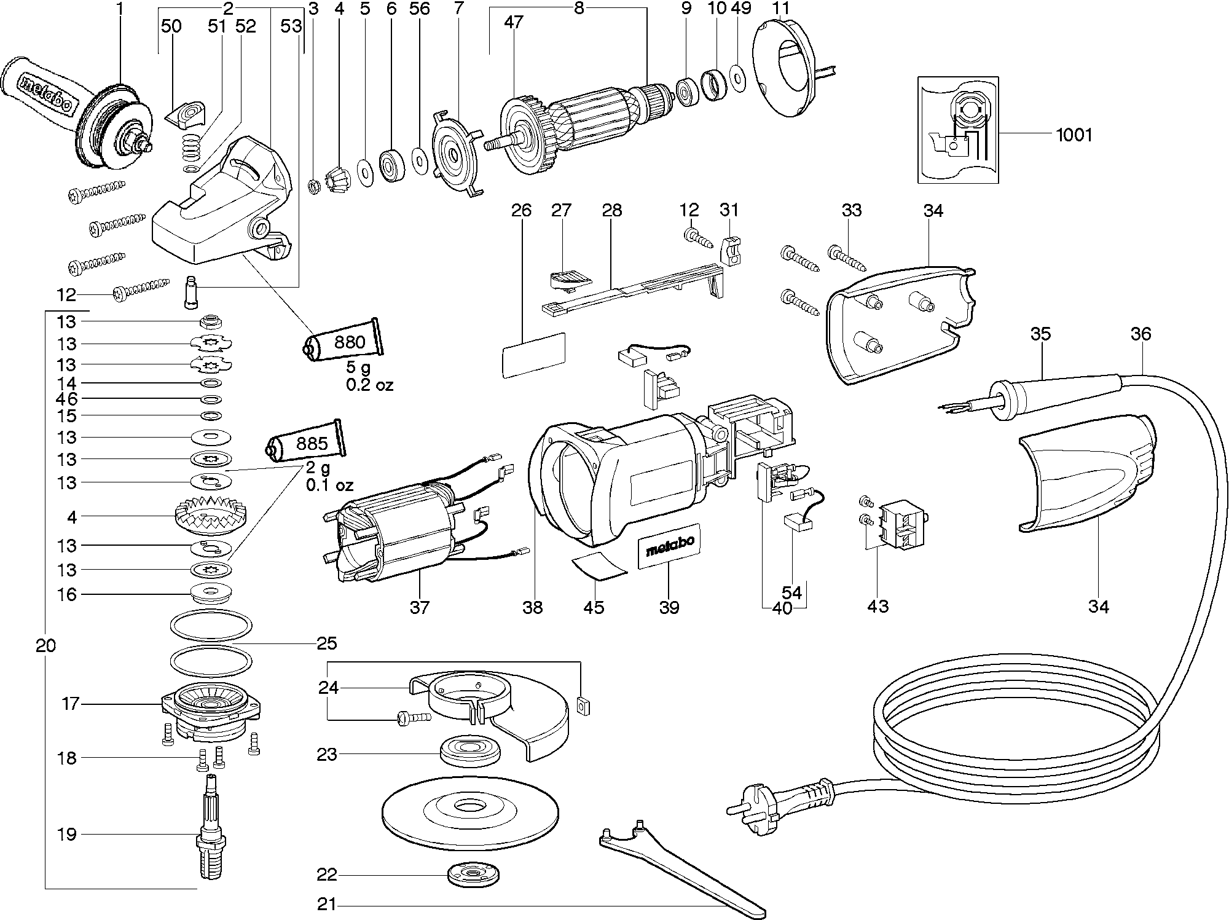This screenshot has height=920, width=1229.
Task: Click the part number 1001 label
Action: pos(1074,135)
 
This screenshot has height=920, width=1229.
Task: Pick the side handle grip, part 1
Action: pos(43,89)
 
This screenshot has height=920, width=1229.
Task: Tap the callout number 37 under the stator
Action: pos(419,607)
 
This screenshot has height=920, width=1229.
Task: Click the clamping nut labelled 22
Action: pos(473,875)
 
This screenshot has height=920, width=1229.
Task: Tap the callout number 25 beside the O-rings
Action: pos(327,643)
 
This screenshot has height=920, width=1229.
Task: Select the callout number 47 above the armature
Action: pos(513,23)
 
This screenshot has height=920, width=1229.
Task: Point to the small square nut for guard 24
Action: pos(583,705)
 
